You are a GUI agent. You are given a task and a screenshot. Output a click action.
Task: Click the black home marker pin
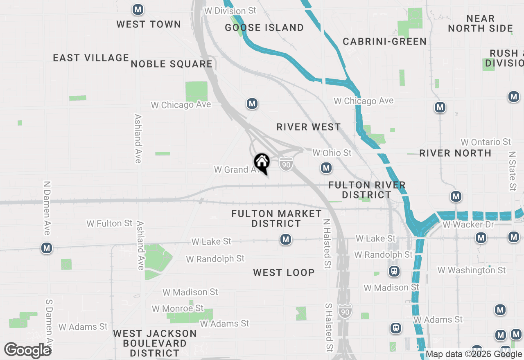pyautogui.click(x=262, y=163)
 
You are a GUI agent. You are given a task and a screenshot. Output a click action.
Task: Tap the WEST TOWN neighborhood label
pyautogui.click(x=149, y=24)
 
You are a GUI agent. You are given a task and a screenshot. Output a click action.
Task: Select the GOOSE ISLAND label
pyautogui.click(x=264, y=27)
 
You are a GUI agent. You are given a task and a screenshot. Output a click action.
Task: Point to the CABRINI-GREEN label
pyautogui.click(x=385, y=41)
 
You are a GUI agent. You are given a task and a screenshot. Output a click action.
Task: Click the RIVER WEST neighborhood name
pyautogui.click(x=309, y=127)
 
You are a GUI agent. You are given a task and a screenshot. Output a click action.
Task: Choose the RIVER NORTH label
pyautogui.click(x=455, y=153)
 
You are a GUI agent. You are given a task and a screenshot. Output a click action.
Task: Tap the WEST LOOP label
pyautogui.click(x=284, y=272)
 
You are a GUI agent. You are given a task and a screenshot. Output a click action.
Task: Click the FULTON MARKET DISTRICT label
pyautogui.click(x=277, y=218)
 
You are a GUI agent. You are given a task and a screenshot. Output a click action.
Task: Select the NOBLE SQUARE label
pyautogui.click(x=172, y=64)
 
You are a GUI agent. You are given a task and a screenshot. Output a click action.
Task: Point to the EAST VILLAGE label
pyautogui.click(x=91, y=58)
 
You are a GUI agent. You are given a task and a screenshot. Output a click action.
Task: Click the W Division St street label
pyautogui.click(x=230, y=11)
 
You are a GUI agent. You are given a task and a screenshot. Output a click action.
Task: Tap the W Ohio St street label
pyautogui.click(x=332, y=153)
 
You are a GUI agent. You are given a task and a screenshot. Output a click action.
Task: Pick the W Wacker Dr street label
pyautogui.click(x=468, y=225)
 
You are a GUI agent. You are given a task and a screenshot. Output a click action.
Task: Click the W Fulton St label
pyautogui.click(x=110, y=223)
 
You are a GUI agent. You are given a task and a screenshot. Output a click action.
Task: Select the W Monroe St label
pyautogui.click(x=178, y=308)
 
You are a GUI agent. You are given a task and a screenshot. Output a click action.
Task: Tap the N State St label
pyautogui.click(x=512, y=171)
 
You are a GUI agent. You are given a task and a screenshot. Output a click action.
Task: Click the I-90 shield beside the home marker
pyautogui.click(x=286, y=164)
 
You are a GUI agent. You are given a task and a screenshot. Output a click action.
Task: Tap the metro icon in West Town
pyautogui.click(x=138, y=9)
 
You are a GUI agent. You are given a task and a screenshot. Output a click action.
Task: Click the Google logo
pyautogui.click(x=27, y=350)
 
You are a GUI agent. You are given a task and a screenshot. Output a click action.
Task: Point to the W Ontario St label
pyautogui.click(x=486, y=142)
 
